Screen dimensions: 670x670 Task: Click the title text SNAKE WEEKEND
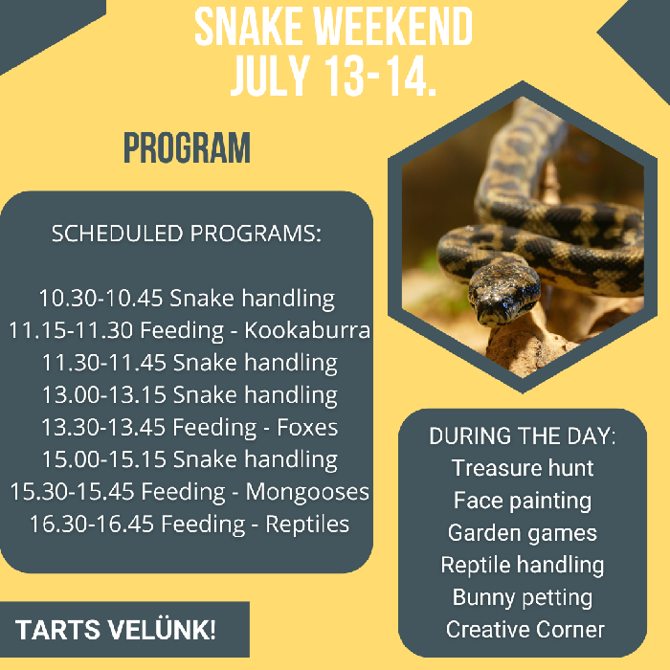[x=333, y=29]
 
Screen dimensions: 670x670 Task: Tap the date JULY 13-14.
[x=333, y=77]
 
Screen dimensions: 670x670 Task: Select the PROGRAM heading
[x=187, y=148]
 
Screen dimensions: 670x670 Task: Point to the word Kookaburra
[x=307, y=331]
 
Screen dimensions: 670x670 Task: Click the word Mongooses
[x=307, y=492]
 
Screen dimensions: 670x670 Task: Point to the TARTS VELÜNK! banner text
[x=116, y=631]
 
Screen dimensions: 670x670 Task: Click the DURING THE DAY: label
[x=523, y=435]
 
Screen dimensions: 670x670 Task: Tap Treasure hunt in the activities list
[x=523, y=468]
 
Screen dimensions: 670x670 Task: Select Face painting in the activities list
[x=523, y=501]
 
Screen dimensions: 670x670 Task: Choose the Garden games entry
[x=523, y=533]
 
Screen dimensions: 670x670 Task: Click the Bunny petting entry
[x=523, y=598]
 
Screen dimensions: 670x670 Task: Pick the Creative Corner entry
[x=525, y=630]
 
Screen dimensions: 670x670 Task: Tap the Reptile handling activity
[x=523, y=566]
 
